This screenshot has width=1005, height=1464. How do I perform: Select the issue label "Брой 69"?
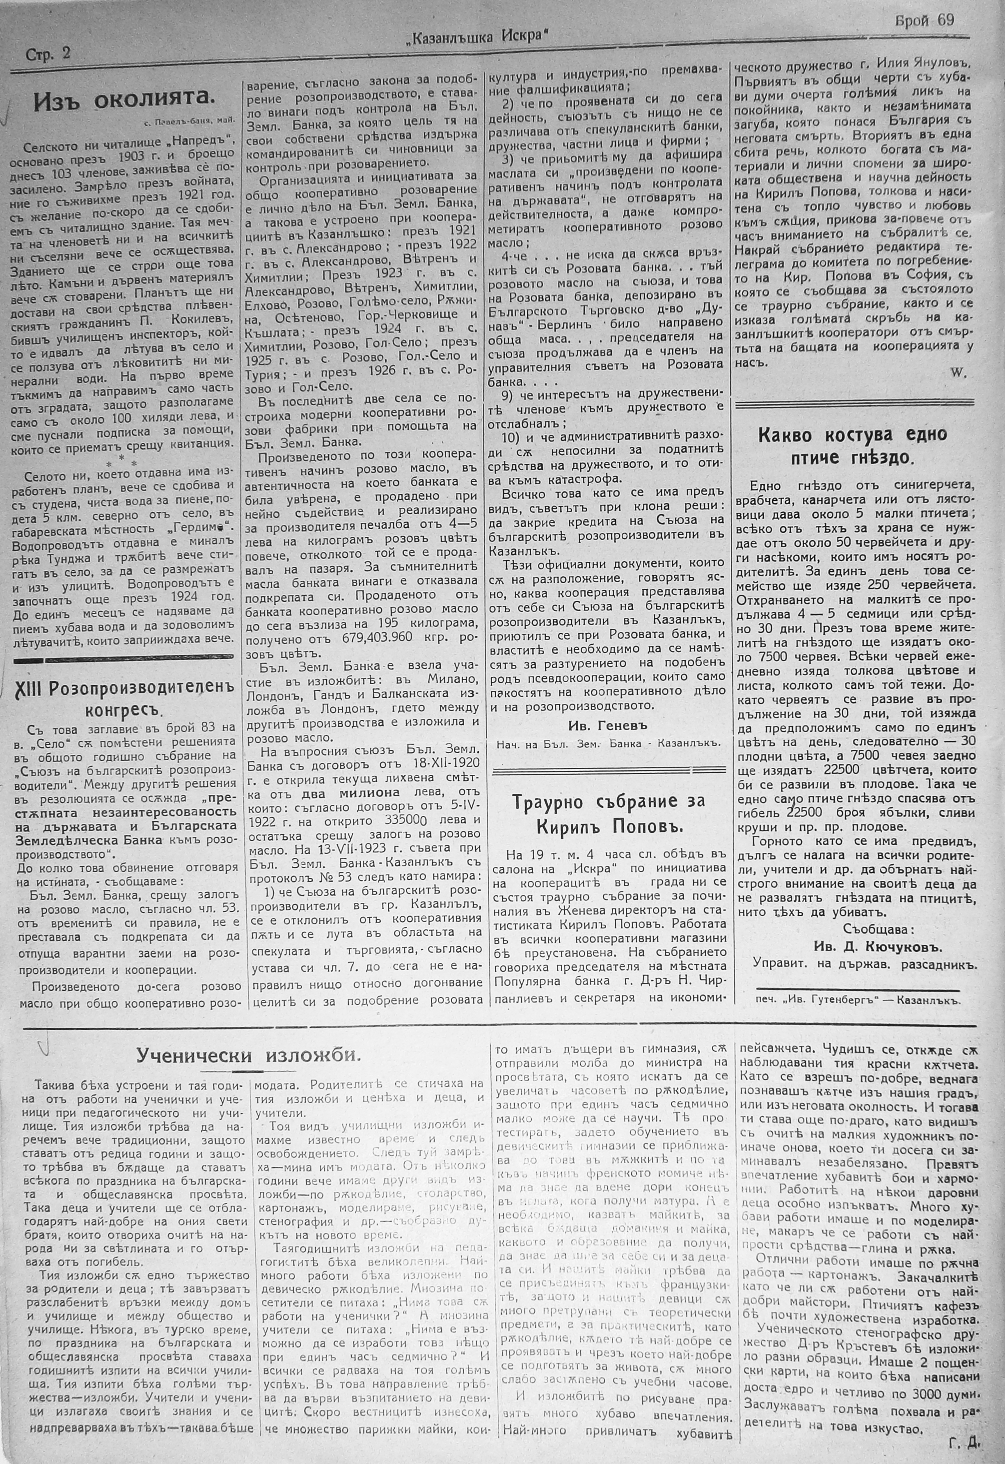(x=924, y=21)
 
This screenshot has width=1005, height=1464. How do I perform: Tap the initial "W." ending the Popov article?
(x=958, y=373)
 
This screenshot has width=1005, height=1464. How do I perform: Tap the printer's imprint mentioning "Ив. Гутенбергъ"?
(x=857, y=1000)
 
